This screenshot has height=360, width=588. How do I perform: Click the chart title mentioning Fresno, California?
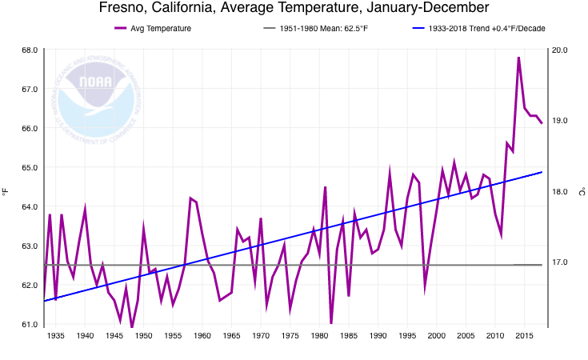coord(294,9)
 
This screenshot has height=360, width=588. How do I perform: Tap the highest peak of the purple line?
coord(518,58)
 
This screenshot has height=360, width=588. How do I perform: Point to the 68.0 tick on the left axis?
coord(29,50)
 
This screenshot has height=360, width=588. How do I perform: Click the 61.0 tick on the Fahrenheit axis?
coord(29,325)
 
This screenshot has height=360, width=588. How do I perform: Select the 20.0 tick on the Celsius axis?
coord(560,50)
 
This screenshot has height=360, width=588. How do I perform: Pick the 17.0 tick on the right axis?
coord(560,262)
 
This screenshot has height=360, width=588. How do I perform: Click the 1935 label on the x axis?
coord(55,336)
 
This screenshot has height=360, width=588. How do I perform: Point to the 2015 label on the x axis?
coord(524,336)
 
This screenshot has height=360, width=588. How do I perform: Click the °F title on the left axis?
coord(6,190)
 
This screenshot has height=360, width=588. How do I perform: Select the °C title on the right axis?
coord(582,190)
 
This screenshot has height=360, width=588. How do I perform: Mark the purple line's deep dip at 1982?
coord(331,323)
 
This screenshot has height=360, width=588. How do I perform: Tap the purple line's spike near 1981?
coord(325,187)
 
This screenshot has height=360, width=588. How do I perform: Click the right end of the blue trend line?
coord(542,172)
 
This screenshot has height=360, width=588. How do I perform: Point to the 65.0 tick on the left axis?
coord(29,168)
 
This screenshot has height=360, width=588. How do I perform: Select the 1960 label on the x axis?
coord(202,336)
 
